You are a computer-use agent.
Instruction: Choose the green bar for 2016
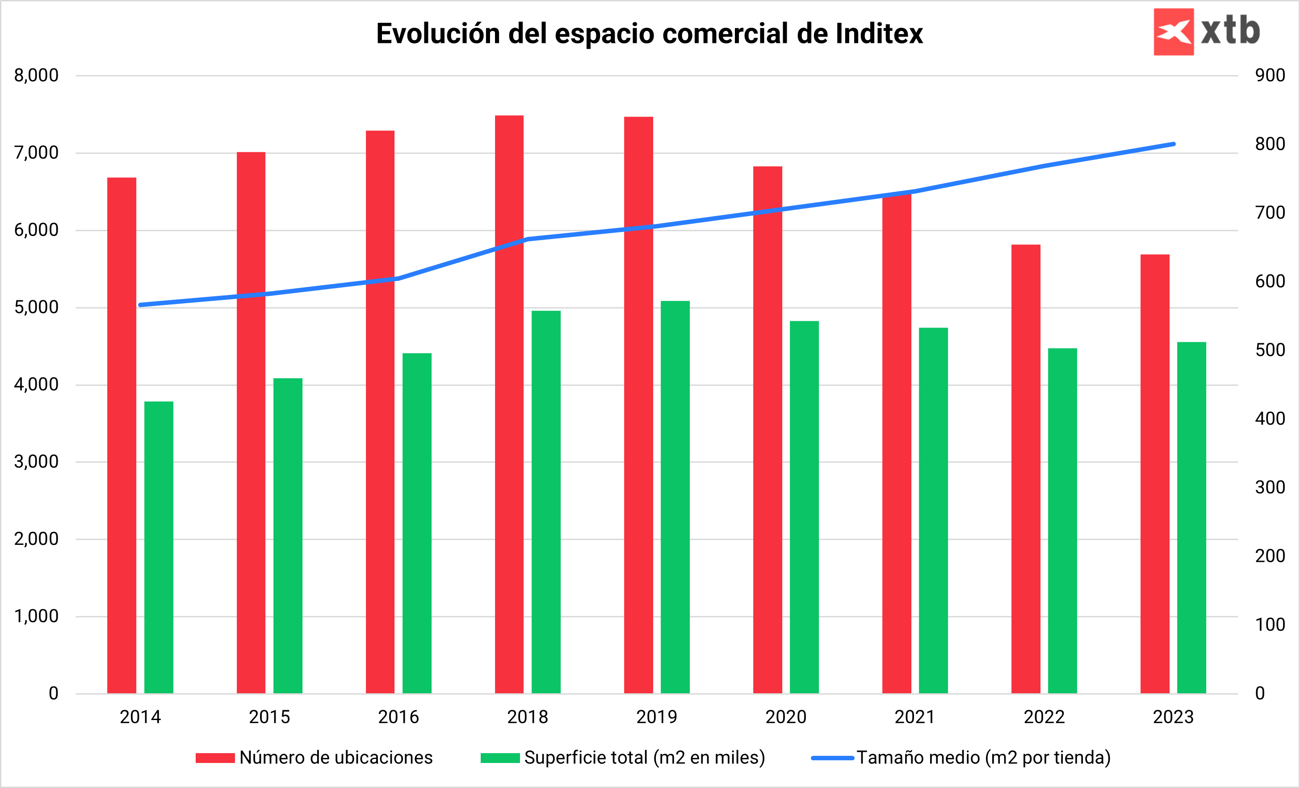[x=417, y=523]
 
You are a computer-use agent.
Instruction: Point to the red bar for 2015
[x=251, y=422]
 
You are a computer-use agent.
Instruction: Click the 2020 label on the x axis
[x=786, y=717]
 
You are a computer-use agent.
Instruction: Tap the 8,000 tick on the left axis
[x=36, y=76]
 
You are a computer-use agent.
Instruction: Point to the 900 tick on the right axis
[x=1270, y=76]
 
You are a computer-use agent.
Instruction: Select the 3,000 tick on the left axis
[x=36, y=462]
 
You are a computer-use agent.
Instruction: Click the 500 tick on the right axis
[x=1270, y=350]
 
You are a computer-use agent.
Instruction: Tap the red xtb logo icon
[x=1174, y=32]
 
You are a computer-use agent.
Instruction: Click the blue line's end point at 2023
[x=1174, y=144]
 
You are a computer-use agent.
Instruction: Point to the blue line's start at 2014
[x=140, y=305]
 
